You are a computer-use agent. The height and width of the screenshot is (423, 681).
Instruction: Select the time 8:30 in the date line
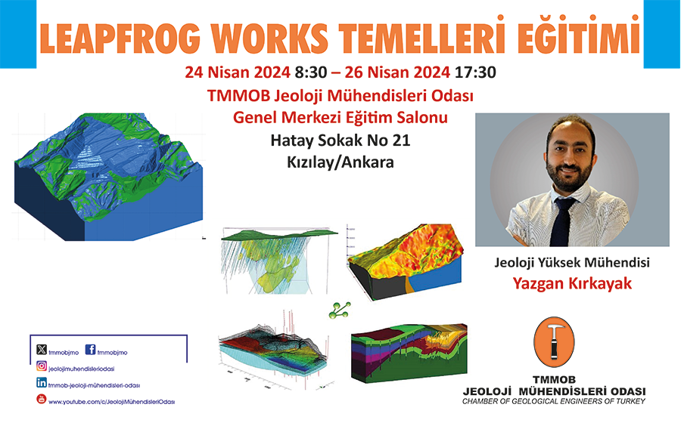pos(310,72)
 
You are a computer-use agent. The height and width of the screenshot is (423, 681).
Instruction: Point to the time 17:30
pos(475,72)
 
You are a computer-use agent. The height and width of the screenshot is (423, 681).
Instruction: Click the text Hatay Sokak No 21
pos(340,140)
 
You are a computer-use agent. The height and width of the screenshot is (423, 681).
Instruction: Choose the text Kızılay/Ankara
pos(340,162)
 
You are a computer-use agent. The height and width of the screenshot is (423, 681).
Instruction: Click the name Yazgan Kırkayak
pos(572,283)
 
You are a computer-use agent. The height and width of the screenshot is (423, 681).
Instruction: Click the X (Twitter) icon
pos(42,349)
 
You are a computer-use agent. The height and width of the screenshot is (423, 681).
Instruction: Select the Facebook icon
pos(90,349)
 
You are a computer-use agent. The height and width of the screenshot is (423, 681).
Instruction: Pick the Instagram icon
pos(42,366)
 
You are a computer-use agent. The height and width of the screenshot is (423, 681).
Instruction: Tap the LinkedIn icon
pos(42,383)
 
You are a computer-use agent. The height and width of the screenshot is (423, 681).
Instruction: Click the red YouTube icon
pos(42,399)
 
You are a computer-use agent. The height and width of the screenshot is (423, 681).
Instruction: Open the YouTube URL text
pos(112,402)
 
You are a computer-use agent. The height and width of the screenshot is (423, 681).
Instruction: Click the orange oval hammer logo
pos(554,341)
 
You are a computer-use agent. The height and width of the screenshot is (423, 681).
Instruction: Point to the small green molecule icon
pos(340,310)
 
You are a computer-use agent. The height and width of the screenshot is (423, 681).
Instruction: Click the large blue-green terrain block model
pos(108,177)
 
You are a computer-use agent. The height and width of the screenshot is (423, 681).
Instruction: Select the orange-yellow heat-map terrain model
pos(406,262)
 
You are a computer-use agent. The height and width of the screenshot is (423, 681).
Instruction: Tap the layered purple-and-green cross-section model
pos(409,352)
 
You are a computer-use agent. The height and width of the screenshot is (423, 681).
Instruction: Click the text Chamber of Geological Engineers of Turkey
pos(554,401)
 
